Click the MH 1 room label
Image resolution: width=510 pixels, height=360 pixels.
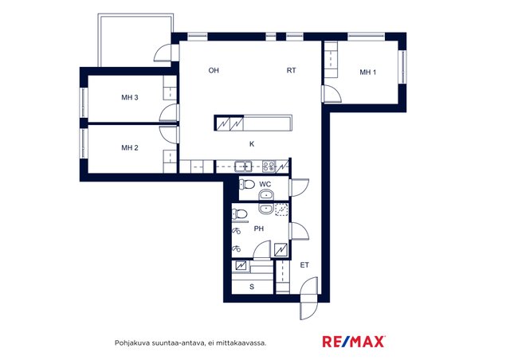367,72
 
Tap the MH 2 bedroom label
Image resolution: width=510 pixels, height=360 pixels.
130,148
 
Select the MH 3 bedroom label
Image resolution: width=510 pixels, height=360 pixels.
130,97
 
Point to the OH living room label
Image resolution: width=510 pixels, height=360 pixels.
214,70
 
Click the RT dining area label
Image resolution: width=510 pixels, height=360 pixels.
291,70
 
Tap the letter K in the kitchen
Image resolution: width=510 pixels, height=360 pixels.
252,143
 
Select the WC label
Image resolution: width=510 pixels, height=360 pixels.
265,185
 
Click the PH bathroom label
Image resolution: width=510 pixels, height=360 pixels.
258,229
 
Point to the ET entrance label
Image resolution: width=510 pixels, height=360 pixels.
304,265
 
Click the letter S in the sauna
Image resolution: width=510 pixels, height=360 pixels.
252,287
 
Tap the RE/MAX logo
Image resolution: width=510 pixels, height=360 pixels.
354,342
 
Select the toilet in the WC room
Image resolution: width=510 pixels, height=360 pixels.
247,185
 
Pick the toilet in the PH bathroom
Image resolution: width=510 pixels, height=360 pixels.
240,214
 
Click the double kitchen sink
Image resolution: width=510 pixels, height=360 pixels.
243,166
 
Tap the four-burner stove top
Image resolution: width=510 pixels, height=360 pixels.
269,166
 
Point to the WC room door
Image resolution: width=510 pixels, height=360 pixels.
299,188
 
